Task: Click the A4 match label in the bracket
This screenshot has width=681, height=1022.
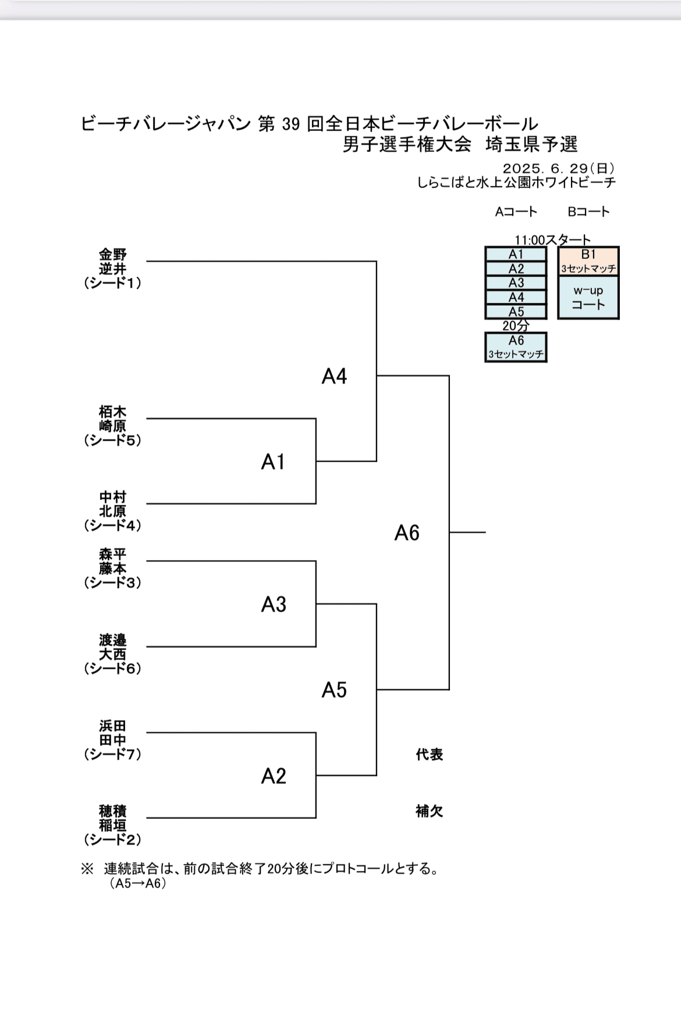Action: (334, 377)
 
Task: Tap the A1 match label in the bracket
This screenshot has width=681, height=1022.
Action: (273, 462)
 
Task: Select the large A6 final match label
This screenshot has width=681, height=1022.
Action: (407, 533)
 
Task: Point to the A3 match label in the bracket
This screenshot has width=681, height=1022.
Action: (274, 605)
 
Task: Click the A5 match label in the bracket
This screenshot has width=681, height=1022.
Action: (334, 690)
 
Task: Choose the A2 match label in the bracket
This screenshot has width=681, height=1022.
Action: (274, 776)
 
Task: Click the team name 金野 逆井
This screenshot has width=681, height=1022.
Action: (112, 262)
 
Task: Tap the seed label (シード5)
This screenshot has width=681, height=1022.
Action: (112, 441)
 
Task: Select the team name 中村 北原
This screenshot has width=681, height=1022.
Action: (112, 504)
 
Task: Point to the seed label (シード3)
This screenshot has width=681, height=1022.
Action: (112, 583)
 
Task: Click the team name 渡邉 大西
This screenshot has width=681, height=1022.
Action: (112, 647)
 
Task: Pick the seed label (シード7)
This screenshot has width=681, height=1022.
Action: (112, 754)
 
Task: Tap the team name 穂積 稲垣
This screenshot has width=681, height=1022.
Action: (112, 818)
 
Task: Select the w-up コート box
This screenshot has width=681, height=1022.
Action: (588, 297)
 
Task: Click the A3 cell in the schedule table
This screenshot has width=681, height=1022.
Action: (516, 283)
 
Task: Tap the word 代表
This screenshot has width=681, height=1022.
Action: (430, 754)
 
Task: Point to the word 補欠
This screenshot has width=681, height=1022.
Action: (430, 811)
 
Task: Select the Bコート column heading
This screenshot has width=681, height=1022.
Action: (588, 212)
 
